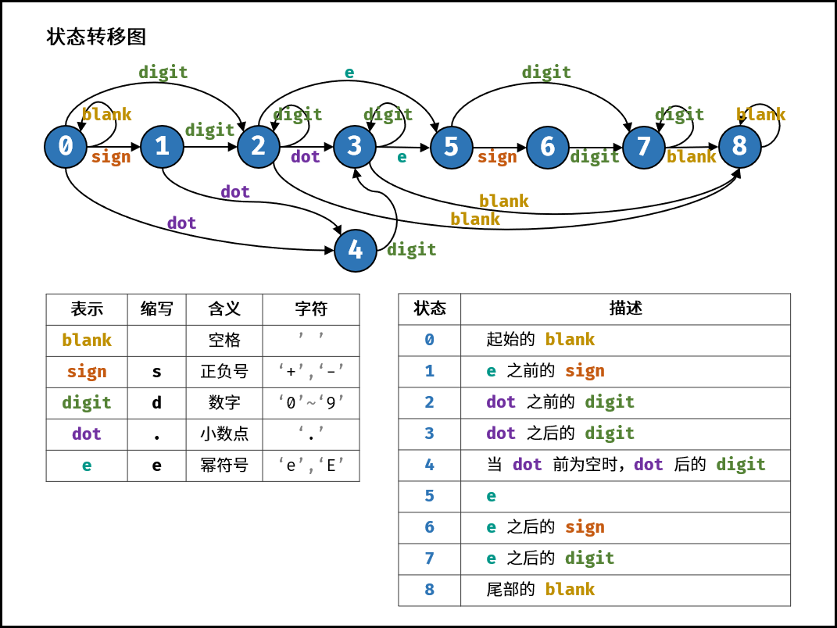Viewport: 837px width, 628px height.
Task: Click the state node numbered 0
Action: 66,147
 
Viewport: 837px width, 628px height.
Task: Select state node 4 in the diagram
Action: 356,250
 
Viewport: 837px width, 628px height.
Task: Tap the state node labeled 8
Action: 739,146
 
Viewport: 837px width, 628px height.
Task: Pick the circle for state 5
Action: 452,147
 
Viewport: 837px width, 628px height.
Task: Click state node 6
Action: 548,147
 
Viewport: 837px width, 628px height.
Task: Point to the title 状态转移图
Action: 96,37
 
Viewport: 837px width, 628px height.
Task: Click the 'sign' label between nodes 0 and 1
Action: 111,157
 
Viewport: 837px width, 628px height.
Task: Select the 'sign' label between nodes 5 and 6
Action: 497,157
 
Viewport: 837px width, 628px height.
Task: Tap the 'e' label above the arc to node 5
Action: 349,73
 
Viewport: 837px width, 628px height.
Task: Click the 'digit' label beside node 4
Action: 411,250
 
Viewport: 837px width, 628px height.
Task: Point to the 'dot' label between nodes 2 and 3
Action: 306,157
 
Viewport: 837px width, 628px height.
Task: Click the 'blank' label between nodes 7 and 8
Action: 691,157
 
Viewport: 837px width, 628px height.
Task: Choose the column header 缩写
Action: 156,309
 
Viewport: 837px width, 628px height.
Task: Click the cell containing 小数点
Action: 224,434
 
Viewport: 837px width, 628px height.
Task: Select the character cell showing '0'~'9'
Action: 311,403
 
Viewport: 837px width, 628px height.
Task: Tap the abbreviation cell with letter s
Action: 156,372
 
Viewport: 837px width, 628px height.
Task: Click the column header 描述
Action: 625,309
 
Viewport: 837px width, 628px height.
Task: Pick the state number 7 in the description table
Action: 429,558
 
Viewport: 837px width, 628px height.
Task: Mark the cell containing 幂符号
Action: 224,466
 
